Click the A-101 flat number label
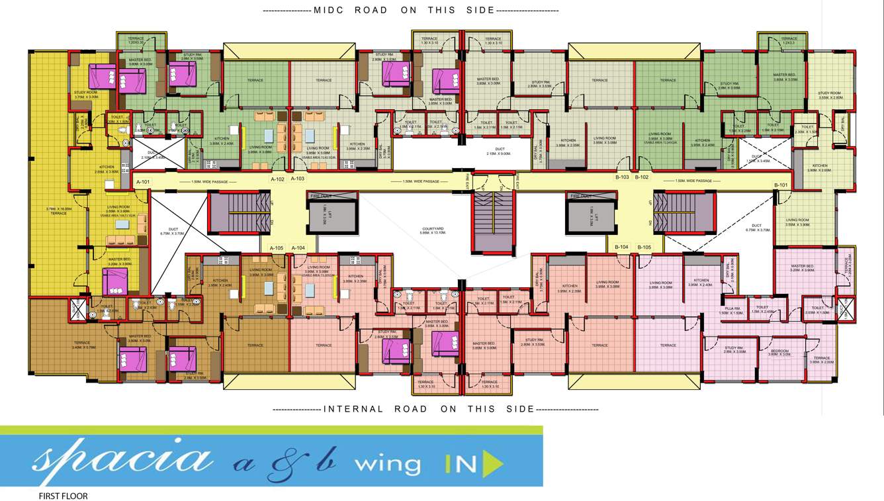[x=143, y=181]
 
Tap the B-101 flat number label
[x=781, y=185]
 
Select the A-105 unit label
[x=277, y=248]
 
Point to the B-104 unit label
[x=621, y=247]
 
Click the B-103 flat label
[x=621, y=177]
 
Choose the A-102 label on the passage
[x=277, y=179]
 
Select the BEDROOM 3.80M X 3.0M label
[x=779, y=352]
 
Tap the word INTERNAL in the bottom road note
[x=353, y=409]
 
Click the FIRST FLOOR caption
[x=64, y=496]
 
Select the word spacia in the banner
[x=122, y=458]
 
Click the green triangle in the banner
[x=490, y=465]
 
